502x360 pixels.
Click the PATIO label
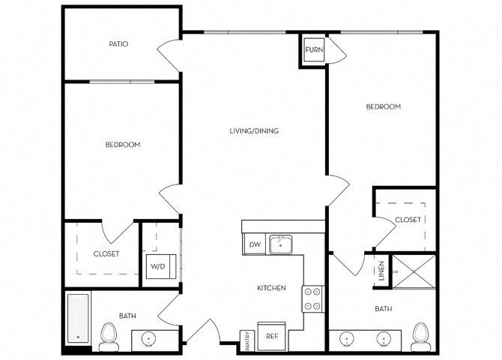(118, 44)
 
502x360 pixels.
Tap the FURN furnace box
(314, 49)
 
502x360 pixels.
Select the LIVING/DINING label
(254, 130)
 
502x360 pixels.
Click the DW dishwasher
(255, 244)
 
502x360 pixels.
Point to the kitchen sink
(280, 244)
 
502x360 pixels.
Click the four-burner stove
(312, 298)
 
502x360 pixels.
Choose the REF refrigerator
(271, 337)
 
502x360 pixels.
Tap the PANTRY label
(248, 340)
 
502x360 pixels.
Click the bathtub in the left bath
(78, 319)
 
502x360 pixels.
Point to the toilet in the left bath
(109, 337)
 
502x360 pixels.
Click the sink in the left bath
(149, 340)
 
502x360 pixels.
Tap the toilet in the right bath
(420, 337)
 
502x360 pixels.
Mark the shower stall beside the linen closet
(414, 271)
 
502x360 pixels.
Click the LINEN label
(381, 271)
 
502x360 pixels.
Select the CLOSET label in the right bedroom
(408, 220)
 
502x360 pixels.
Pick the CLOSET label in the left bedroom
(106, 254)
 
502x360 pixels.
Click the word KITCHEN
(271, 288)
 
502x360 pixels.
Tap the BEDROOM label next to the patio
(123, 145)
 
